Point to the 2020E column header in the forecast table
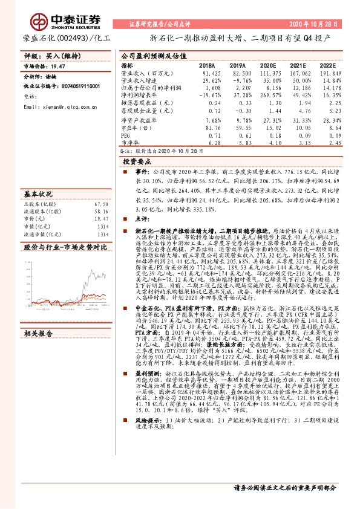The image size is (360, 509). coord(267,65)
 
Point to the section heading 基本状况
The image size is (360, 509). coord(38,194)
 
